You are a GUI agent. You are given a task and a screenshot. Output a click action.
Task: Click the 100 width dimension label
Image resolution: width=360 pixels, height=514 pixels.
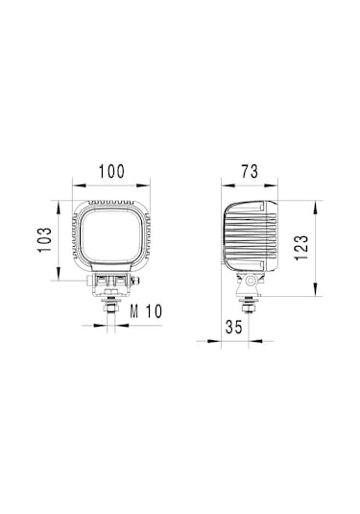[112, 172]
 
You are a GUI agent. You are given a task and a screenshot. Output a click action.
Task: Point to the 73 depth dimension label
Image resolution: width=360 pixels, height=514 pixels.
[249, 172]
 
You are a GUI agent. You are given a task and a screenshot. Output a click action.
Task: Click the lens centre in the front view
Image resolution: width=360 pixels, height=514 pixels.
[112, 239]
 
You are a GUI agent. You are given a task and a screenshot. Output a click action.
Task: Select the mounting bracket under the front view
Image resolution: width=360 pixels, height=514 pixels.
[112, 282]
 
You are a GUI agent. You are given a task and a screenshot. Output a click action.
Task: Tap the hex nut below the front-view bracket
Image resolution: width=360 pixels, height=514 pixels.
[112, 301]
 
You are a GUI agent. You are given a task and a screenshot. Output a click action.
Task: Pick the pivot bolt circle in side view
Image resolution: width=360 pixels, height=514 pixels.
[250, 281]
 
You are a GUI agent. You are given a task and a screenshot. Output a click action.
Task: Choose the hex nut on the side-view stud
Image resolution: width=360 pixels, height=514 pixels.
[250, 301]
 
